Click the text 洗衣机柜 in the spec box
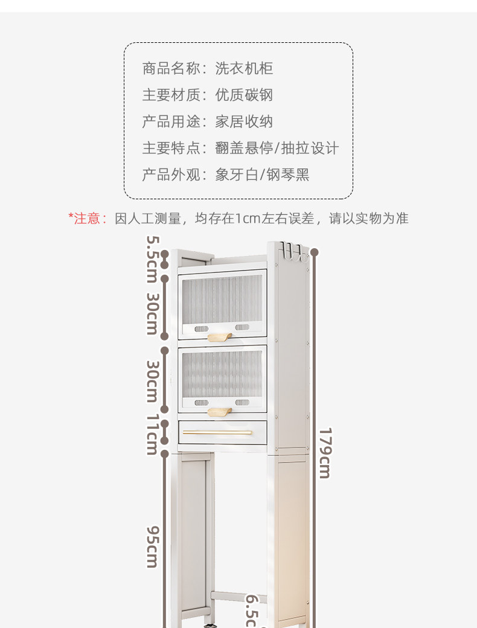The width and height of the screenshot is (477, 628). click(x=244, y=68)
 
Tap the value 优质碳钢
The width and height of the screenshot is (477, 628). click(x=244, y=95)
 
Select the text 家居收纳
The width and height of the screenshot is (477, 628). click(x=244, y=121)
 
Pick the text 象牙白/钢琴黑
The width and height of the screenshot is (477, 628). click(x=262, y=175)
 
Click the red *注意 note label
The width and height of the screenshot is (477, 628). click(x=87, y=219)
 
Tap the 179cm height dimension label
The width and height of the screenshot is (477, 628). click(x=325, y=453)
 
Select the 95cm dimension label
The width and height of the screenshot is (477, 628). click(x=152, y=546)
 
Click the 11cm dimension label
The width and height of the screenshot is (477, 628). click(x=152, y=435)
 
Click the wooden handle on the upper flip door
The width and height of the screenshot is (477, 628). click(x=219, y=336)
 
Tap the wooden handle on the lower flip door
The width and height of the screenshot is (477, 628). click(x=219, y=412)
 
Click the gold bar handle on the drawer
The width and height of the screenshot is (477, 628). click(x=217, y=432)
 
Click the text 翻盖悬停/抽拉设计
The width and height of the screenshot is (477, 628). click(x=277, y=149)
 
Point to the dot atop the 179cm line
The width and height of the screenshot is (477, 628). click(x=314, y=252)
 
